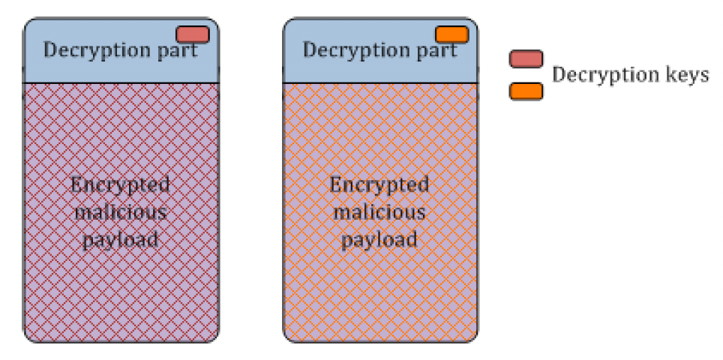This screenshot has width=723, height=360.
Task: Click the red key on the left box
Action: [193, 34]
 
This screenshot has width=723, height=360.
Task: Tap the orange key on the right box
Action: [452, 34]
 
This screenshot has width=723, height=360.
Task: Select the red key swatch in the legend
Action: [526, 59]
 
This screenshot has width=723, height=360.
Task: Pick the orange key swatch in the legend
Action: [526, 91]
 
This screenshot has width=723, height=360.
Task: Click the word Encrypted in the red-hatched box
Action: [121, 184]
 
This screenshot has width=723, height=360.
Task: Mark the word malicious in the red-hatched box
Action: [121, 211]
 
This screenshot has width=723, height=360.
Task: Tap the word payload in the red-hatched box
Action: [121, 239]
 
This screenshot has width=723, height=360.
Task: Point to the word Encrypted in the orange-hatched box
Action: [379, 184]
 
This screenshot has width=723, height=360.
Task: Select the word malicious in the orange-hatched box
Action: [379, 211]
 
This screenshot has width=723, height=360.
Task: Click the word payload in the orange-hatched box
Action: [379, 239]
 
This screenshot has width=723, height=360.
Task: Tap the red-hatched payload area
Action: [121, 300]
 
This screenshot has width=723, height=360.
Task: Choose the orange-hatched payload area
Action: [379, 300]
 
